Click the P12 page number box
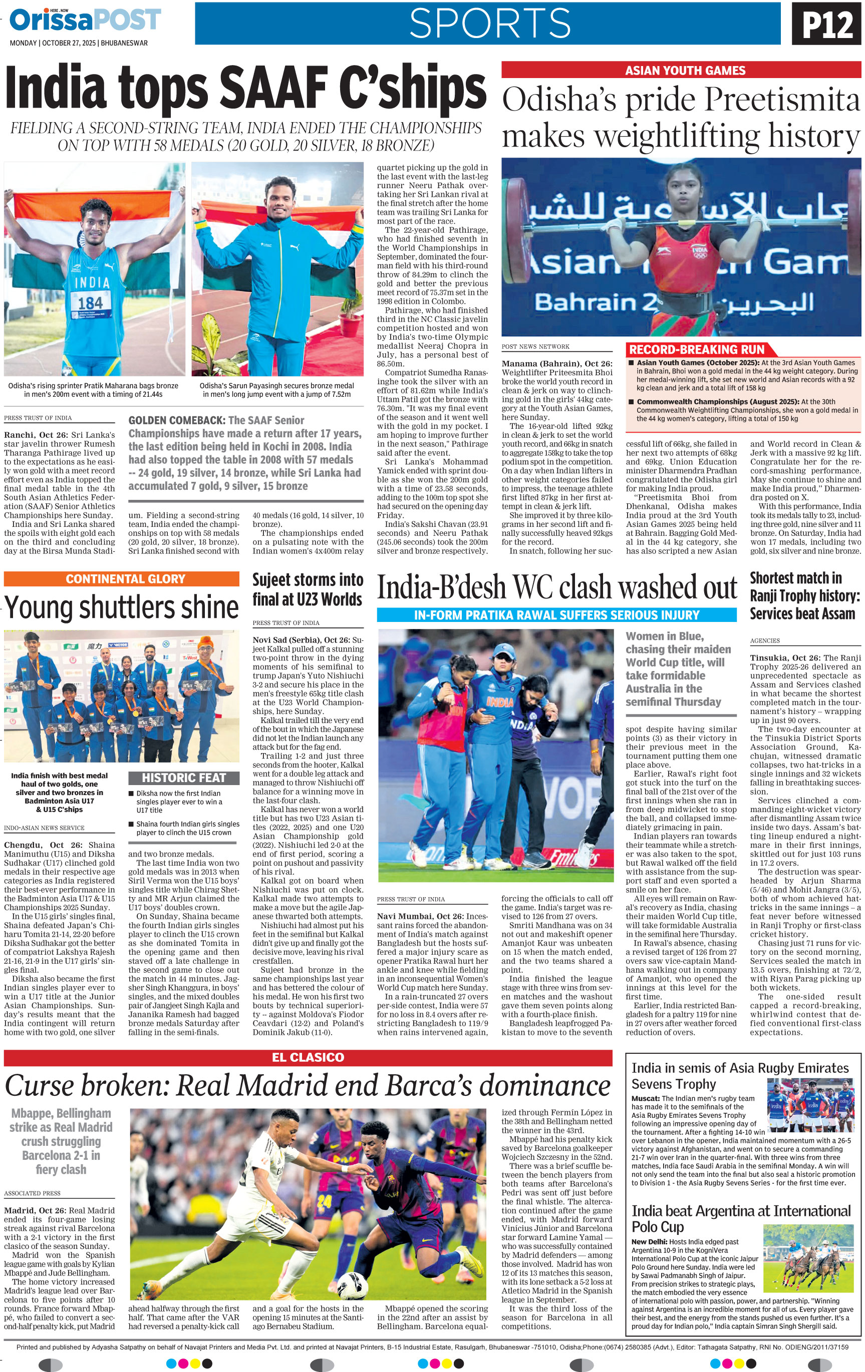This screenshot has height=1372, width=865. [x=826, y=24]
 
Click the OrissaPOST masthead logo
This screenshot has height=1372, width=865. [x=85, y=21]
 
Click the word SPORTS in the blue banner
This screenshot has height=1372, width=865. [x=489, y=24]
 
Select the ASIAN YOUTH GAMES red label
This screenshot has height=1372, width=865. [x=685, y=71]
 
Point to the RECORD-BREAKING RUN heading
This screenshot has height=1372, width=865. [x=696, y=350]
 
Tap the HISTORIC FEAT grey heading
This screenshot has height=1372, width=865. [x=184, y=778]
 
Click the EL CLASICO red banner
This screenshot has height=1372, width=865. [x=308, y=1057]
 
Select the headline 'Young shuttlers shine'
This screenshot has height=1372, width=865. [x=121, y=607]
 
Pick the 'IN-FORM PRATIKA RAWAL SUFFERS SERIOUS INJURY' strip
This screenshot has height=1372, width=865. [x=556, y=615]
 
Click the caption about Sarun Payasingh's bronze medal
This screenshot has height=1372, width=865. [x=276, y=390]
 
